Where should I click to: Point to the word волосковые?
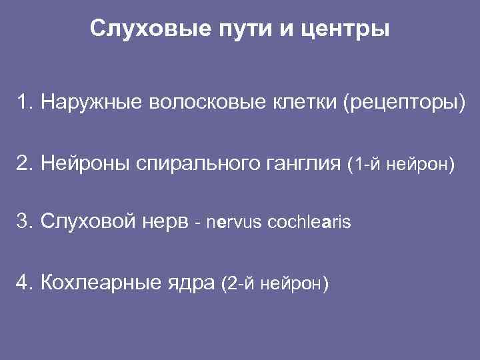[205, 103]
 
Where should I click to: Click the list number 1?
[25, 103]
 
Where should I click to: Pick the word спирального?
[188, 164]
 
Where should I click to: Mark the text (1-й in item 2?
[366, 164]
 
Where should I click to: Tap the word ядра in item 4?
[190, 284]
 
